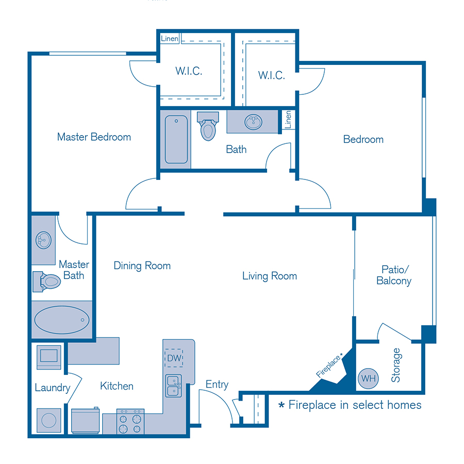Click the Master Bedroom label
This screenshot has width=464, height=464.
(x=94, y=137)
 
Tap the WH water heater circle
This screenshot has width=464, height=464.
(x=368, y=378)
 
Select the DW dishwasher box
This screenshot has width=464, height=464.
(x=174, y=357)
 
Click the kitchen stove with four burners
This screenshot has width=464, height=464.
(x=130, y=421)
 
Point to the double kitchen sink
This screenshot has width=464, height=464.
(x=174, y=386)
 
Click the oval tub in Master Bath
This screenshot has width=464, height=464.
(x=61, y=320)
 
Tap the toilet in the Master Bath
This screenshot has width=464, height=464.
(x=47, y=281)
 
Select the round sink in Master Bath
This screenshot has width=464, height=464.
(x=43, y=240)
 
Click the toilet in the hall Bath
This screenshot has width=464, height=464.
(x=208, y=126)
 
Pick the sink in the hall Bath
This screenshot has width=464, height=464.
(x=253, y=123)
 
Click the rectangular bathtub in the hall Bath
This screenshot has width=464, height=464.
(x=176, y=139)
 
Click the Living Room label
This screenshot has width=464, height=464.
(x=270, y=276)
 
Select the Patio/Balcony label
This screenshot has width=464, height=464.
(x=394, y=275)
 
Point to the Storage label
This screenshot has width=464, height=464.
(x=396, y=365)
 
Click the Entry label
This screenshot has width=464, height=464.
(x=217, y=385)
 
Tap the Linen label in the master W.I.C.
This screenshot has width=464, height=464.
(x=170, y=39)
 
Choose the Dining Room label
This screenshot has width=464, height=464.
(x=142, y=266)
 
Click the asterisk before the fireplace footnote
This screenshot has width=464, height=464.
(x=281, y=406)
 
